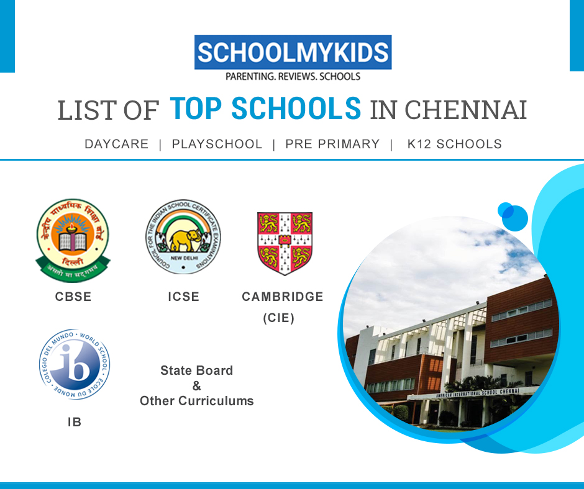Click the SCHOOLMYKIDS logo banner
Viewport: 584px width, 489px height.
[293, 52]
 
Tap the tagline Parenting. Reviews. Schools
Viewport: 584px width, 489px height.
[293, 76]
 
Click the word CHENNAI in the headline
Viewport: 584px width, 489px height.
[465, 110]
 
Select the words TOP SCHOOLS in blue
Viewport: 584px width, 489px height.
[265, 109]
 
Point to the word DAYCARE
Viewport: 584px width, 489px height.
[117, 144]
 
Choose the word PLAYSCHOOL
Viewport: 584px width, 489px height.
[217, 144]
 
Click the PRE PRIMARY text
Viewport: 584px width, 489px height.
[332, 144]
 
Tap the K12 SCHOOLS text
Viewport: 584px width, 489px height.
[454, 144]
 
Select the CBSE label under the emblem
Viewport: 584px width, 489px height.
[73, 297]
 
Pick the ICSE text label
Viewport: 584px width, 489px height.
[183, 297]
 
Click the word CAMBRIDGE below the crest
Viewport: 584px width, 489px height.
[283, 297]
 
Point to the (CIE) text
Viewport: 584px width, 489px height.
[278, 318]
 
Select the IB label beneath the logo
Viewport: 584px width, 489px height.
[74, 423]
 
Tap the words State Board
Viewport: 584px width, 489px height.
[197, 370]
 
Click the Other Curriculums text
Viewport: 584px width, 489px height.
[197, 401]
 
